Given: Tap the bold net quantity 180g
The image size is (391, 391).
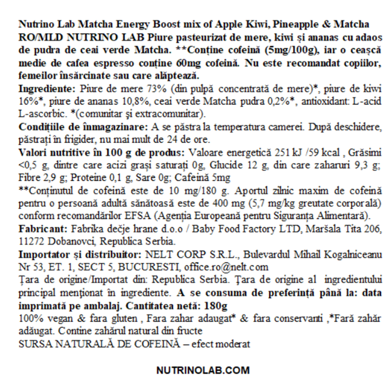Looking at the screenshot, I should (x=217, y=305).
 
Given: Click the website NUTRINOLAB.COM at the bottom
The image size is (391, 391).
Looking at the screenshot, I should (x=203, y=370).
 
